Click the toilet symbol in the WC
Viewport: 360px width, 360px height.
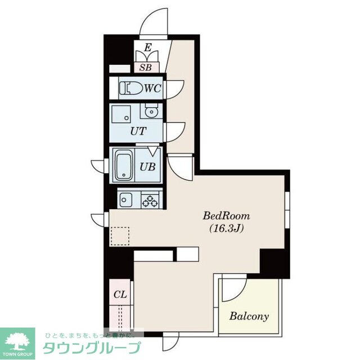coord(131,88)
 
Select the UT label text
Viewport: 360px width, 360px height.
coord(138,131)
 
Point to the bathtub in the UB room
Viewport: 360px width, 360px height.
coord(123,166)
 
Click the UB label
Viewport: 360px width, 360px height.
coord(148,166)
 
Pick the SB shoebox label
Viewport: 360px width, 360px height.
coord(146,68)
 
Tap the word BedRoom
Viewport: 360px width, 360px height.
coord(226,216)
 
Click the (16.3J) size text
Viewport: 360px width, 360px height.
coord(226,228)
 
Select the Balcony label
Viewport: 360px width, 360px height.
coord(249,316)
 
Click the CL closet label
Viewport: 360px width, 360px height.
coord(120,294)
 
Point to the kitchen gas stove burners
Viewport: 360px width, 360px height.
coord(151,199)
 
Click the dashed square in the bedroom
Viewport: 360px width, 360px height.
coord(120,236)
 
